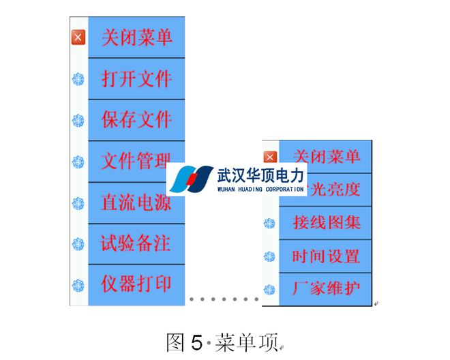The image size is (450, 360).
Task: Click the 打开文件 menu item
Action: pyautogui.click(x=136, y=78)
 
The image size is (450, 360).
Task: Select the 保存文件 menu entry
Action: pyautogui.click(x=136, y=120)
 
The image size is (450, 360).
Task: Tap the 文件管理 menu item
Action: pyautogui.click(x=136, y=162)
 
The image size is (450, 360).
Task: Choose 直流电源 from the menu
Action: pyautogui.click(x=136, y=203)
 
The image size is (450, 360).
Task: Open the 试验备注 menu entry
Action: pyautogui.click(x=136, y=243)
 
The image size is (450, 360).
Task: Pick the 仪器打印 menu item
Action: pyautogui.click(x=136, y=284)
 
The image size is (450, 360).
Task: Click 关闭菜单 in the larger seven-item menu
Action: pyautogui.click(x=136, y=37)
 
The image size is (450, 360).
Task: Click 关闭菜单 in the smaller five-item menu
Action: pyautogui.click(x=326, y=156)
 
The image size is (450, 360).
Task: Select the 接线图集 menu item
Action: pyautogui.click(x=326, y=222)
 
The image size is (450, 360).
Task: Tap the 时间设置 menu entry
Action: pyautogui.click(x=326, y=256)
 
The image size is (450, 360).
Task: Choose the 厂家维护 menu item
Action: pyautogui.click(x=326, y=288)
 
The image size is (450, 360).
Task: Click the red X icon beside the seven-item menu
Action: pyautogui.click(x=78, y=37)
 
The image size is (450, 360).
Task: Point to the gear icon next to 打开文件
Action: pyautogui.click(x=78, y=79)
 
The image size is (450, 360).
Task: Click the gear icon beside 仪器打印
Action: pyautogui.click(x=78, y=284)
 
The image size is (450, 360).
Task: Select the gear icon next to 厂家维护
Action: pyautogui.click(x=270, y=289)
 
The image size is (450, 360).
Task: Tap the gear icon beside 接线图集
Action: pyautogui.click(x=270, y=223)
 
